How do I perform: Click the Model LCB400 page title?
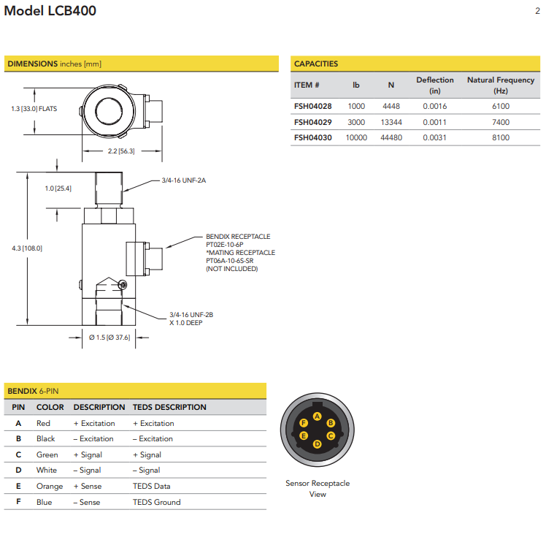50,11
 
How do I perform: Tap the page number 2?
537,11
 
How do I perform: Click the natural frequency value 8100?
500,137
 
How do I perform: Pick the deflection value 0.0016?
434,106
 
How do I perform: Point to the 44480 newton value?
391,137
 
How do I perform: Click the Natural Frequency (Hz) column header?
500,85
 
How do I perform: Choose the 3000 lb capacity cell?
356,122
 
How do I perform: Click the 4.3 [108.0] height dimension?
27,248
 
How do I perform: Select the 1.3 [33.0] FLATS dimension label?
34,109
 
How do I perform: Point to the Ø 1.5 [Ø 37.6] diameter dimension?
109,338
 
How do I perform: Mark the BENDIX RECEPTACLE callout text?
238,237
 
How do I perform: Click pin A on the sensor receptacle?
317,416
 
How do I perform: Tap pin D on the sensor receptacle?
317,443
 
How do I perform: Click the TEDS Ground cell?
156,502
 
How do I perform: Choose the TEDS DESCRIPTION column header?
169,407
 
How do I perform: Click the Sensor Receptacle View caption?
318,489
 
